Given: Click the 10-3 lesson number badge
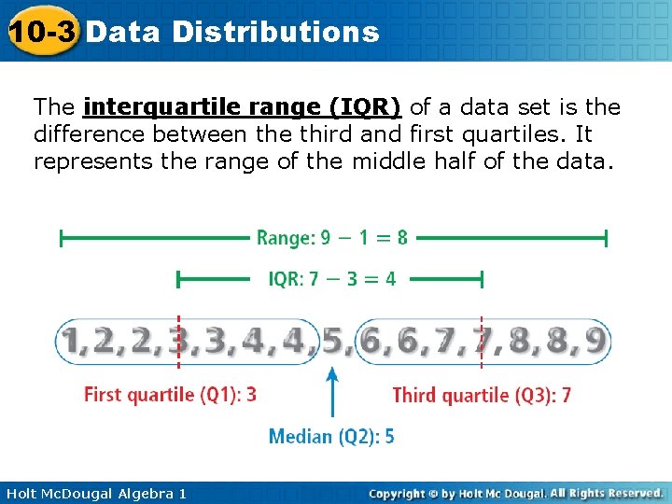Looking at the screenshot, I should (41, 31).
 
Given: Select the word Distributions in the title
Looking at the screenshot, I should (276, 32).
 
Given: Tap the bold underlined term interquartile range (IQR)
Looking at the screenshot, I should (243, 107).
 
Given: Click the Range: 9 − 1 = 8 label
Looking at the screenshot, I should (332, 238).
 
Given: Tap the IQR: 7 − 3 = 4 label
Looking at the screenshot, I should (332, 278).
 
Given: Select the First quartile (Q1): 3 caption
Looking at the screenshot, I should (170, 395).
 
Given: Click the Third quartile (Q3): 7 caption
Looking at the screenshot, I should (482, 396).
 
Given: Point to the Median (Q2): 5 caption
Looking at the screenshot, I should (331, 436).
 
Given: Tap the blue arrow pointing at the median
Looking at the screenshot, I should (332, 392).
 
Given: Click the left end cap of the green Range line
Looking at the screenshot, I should (62, 239).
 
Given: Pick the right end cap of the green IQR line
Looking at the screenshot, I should (482, 278).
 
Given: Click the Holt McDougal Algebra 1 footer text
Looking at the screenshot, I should (94, 493).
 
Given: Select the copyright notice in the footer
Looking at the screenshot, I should (515, 493).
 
